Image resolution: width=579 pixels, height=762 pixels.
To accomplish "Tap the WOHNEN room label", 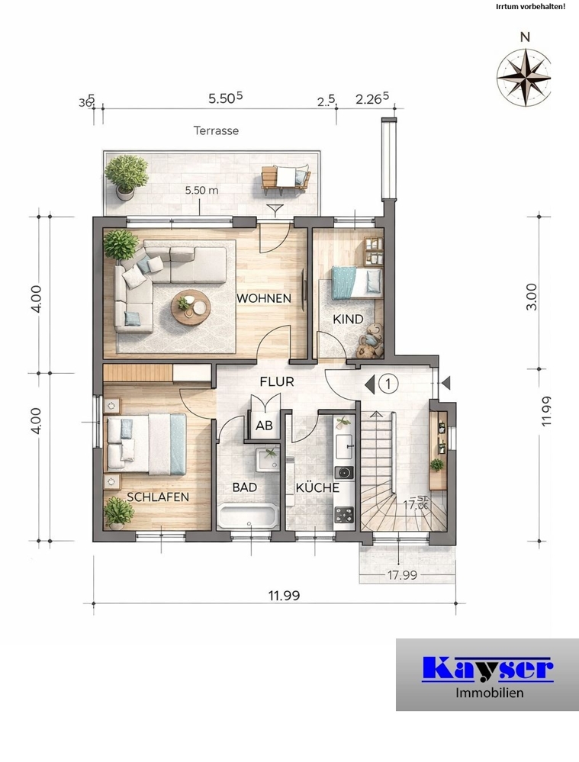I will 263,298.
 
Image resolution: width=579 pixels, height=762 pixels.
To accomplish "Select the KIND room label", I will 347,320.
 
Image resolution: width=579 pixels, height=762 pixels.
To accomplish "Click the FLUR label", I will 276,382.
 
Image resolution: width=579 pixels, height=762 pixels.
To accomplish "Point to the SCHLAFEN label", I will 158,497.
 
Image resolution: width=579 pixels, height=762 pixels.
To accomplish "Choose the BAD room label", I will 244,487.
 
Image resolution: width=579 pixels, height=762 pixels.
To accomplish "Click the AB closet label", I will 264,426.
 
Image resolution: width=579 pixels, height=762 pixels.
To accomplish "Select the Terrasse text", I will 216,130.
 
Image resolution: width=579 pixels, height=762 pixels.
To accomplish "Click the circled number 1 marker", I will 388,384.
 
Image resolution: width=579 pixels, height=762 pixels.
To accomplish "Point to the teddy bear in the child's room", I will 370,341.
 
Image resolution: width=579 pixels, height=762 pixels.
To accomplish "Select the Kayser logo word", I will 487,668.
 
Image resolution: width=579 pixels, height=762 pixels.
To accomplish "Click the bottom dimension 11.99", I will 283,596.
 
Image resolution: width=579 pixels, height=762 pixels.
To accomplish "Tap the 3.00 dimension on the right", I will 532,297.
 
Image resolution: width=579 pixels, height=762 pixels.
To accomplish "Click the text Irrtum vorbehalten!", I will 529,7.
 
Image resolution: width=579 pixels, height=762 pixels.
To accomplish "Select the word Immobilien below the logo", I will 487,693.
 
